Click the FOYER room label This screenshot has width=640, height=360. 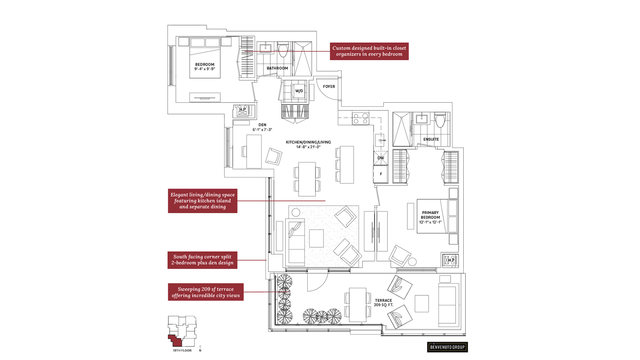coord(329,87)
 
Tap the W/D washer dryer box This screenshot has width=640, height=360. coord(299,91)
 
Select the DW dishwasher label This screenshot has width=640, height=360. coord(381,158)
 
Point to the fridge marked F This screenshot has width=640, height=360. coord(381,174)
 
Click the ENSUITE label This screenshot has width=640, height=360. coord(431,139)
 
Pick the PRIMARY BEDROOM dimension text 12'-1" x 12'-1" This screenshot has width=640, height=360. coord(430,222)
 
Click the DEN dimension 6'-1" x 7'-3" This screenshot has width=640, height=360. coord(262,130)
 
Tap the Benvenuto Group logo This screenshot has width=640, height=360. coord(447,347)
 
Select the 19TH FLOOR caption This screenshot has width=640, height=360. coord(182,350)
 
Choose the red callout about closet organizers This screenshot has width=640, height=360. coord(369,51)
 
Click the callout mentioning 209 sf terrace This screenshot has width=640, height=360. coord(206,292)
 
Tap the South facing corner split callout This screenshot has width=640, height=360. coord(202,260)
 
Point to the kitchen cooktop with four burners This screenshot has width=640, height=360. coord(361,119)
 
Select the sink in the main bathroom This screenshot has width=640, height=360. coord(265,48)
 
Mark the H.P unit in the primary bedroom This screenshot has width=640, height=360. coord(451,260)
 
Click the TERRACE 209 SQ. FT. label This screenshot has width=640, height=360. coord(383,303)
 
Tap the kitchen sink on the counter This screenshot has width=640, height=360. coord(380,140)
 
